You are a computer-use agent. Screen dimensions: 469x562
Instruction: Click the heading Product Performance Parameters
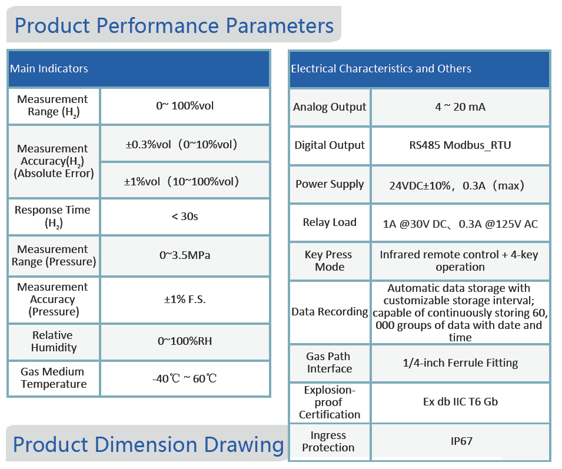(x=174, y=26)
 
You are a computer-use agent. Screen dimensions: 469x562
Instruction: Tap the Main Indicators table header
(x=49, y=69)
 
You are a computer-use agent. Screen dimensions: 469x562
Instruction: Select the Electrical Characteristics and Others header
(x=381, y=69)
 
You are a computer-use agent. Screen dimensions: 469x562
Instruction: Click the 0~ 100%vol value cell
(x=185, y=106)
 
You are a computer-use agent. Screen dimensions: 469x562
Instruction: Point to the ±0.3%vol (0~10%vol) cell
(x=185, y=144)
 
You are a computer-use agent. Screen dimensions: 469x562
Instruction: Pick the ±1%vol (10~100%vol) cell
(x=185, y=181)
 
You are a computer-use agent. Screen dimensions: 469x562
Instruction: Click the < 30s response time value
(x=185, y=217)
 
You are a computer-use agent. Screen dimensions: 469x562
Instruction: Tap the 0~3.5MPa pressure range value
(x=185, y=255)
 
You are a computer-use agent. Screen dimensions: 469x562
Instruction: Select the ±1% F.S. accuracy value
(x=185, y=300)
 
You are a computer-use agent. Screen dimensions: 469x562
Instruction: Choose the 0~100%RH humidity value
(x=185, y=341)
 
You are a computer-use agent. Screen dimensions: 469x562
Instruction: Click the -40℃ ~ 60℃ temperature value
(x=185, y=378)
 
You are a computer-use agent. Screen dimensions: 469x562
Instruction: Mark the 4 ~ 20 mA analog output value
(x=460, y=107)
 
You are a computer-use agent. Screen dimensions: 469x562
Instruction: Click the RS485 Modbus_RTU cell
(x=460, y=145)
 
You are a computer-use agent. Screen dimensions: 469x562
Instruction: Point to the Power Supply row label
(x=330, y=184)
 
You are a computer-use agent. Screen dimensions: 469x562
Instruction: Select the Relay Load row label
(x=330, y=222)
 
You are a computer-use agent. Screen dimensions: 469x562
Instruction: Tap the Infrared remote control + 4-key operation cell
(x=460, y=261)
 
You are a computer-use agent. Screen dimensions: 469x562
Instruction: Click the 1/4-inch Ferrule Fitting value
(x=460, y=363)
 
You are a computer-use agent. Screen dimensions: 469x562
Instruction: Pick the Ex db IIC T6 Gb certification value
(x=460, y=402)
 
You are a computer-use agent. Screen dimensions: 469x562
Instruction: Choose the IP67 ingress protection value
(x=460, y=441)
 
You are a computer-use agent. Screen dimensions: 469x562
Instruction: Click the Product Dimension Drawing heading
(x=148, y=445)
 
